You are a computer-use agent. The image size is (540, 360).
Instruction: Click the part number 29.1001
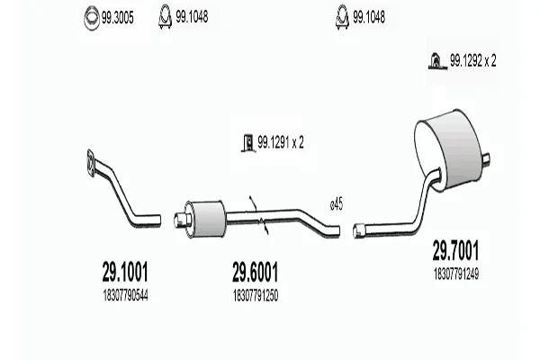coord(125,272)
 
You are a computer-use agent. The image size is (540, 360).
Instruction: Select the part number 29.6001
coord(255,272)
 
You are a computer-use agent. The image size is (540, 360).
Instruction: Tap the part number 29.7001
coord(455,250)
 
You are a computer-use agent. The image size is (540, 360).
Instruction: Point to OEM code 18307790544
coord(125,295)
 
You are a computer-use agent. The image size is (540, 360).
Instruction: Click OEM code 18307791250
coord(256,295)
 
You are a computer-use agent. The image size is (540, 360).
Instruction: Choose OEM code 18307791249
coord(456,274)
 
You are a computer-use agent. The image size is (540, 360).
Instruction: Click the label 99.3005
coord(117,18)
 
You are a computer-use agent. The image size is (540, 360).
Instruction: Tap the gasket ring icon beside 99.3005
coord(92,18)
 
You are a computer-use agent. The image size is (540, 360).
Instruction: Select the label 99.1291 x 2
coord(281,142)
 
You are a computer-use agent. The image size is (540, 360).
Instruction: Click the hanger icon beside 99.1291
coord(248,142)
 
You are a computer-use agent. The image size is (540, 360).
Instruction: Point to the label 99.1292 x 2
coord(473,61)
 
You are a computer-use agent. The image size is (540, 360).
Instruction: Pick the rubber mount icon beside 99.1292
coord(437,61)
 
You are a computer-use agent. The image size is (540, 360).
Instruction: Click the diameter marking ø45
coord(337,204)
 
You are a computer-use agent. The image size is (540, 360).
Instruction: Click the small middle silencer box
coord(204,219)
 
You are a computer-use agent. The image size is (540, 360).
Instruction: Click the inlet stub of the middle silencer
coord(181,220)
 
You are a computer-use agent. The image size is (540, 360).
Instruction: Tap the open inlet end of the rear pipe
coord(358,230)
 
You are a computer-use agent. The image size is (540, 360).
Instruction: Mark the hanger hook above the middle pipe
coord(253,202)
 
